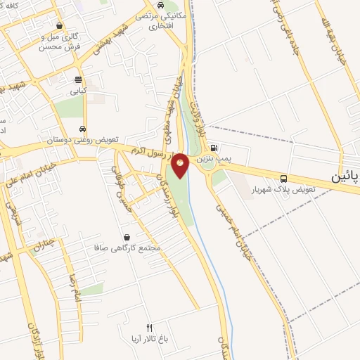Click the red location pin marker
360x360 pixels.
point(181,165)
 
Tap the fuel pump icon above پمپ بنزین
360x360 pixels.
point(214,148)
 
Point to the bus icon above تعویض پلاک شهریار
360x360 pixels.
point(283,179)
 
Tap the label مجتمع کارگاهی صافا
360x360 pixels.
point(127,248)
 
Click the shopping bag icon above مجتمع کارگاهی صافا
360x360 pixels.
point(127,237)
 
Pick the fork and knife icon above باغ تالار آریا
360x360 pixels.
point(149,328)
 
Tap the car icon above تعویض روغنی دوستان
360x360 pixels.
point(84,129)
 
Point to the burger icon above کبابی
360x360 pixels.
point(77,79)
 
